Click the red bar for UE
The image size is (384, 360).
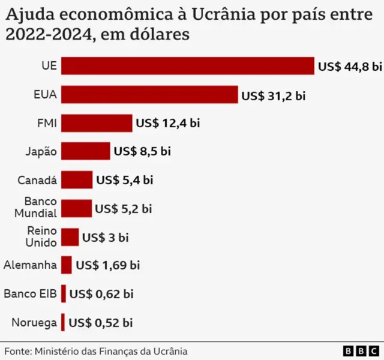tap(187, 66)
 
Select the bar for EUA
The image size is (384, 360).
tap(149, 95)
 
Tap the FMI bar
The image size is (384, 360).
tap(97, 123)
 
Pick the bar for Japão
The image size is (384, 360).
tap(85, 151)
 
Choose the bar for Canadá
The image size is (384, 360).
tap(77, 179)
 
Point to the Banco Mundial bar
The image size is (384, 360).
tap(76, 208)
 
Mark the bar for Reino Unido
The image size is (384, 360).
tap(70, 237)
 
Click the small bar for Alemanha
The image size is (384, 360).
tap(66, 265)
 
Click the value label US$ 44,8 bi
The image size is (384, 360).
tap(349, 67)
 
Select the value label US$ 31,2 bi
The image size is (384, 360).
tap(273, 95)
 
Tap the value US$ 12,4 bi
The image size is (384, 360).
tap(167, 123)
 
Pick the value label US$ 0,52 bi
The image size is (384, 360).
tap(101, 322)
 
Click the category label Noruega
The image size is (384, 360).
tap(34, 322)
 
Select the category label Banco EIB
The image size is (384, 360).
tap(30, 293)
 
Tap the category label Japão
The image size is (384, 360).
tap(41, 151)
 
